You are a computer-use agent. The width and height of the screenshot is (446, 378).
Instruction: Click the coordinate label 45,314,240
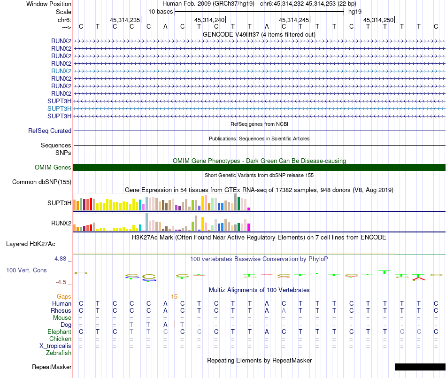pos(209,20)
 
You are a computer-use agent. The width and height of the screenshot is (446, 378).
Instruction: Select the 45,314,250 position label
pos(378,20)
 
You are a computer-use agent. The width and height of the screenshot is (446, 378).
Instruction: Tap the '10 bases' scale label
pos(161,11)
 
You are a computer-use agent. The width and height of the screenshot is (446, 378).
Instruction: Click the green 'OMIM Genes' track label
pos(53,168)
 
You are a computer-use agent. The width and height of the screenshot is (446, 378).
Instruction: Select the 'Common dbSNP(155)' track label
pos(42,182)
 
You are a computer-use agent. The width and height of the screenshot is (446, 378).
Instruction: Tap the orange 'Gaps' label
pos(64,297)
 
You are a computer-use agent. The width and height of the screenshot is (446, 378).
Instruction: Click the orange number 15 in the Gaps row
pos(174,297)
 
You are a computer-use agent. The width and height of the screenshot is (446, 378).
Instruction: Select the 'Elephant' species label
pos(59,332)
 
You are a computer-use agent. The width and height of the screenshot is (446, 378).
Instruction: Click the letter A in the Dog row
pos(165,324)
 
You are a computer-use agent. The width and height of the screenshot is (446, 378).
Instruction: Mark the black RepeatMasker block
pos(420,367)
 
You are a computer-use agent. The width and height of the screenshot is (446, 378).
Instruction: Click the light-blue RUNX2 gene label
pos(61,71)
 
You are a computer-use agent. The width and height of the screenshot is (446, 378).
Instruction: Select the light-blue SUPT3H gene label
pos(59,108)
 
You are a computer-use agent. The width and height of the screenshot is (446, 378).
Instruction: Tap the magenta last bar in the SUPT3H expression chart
pos(249,209)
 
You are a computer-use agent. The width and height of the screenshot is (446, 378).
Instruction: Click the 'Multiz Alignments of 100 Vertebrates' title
pos(259,290)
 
